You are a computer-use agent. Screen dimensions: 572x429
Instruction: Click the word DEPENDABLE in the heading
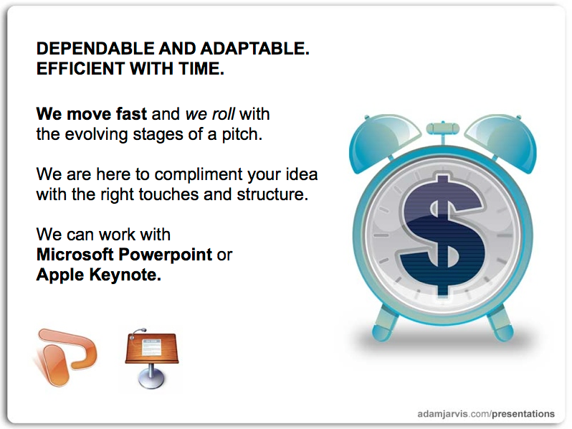point(95,49)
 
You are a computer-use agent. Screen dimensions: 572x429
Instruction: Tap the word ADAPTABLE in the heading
point(254,49)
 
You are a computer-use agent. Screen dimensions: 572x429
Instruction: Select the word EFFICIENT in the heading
point(80,69)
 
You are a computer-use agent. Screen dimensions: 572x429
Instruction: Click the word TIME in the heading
point(201,69)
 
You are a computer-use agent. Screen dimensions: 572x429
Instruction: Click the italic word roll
point(224,114)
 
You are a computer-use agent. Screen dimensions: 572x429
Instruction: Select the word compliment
point(199,175)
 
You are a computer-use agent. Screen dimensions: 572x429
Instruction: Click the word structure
point(272,194)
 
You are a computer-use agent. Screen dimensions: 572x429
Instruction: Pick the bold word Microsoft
point(75,255)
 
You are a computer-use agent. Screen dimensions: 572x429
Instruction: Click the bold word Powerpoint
point(166,255)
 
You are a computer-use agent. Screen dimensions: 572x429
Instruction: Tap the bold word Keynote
point(125,275)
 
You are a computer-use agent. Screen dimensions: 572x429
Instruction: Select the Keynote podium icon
point(152,358)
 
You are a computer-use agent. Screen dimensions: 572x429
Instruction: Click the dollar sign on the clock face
point(443,235)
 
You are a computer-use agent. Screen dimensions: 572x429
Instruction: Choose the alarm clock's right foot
point(501,324)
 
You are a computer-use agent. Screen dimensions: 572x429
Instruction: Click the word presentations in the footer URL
point(523,414)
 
